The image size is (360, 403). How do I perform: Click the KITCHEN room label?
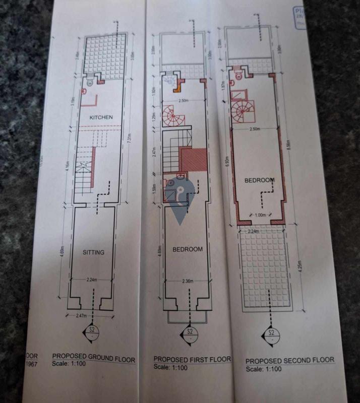point(100,117)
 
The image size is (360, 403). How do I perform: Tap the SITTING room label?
point(93,252)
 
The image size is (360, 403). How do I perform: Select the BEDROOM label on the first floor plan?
point(188,249)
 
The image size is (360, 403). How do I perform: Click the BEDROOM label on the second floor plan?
point(259,180)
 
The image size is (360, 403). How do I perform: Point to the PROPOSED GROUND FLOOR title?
point(94,359)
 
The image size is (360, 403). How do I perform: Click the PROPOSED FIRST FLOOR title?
point(192,359)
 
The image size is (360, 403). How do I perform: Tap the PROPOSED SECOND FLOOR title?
point(289,360)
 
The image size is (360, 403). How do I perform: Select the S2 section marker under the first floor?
point(190,334)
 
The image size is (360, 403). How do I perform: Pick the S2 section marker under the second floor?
point(271,335)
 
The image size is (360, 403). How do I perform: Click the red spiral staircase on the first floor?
point(173,117)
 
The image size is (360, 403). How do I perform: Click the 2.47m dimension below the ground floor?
point(81,315)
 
